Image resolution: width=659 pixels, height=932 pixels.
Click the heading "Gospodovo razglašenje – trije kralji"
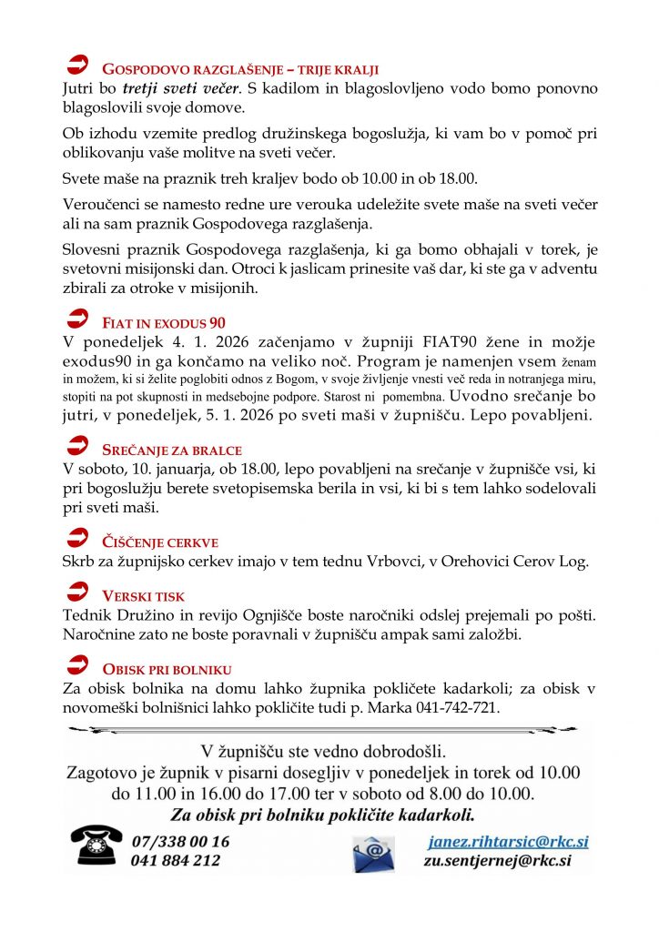pos(239,69)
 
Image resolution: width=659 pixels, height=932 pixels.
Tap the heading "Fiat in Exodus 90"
pos(164,322)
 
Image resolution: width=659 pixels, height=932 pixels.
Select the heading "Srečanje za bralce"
pos(171,450)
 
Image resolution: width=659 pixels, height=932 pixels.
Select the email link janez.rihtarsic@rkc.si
pos(508,841)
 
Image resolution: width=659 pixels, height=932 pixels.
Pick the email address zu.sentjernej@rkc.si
pos(497,860)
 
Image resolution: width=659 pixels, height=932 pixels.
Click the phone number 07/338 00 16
pos(180,841)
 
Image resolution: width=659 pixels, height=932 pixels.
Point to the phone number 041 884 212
pos(176,860)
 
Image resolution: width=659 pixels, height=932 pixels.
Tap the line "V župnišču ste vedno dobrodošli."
pos(324,752)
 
